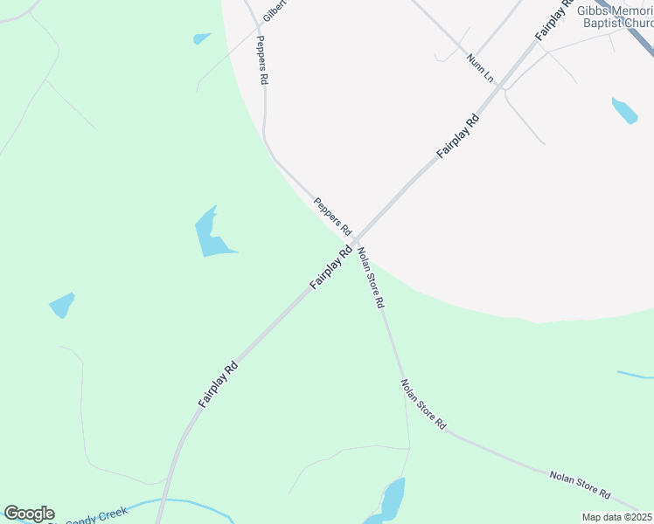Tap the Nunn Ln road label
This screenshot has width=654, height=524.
(x=480, y=68)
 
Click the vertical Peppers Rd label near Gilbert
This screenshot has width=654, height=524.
(x=261, y=59)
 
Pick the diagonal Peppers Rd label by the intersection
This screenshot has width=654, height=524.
(x=332, y=217)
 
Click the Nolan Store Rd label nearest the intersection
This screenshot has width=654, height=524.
(x=371, y=278)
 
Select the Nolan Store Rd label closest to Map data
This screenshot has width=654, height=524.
(x=580, y=484)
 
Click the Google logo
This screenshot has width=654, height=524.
(x=29, y=514)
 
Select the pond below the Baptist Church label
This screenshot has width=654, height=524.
(x=624, y=111)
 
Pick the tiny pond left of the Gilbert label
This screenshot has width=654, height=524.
(x=202, y=38)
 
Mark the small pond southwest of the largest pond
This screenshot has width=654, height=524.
(x=62, y=305)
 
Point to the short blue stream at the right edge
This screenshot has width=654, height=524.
(x=635, y=375)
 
